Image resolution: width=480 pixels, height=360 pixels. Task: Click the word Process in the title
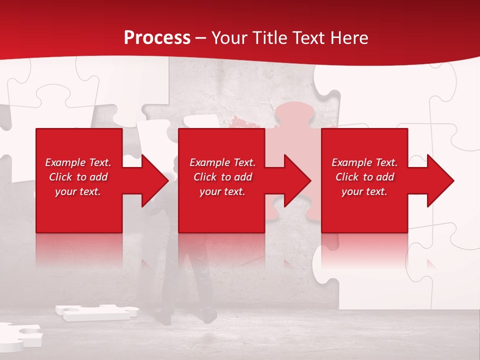click(157, 38)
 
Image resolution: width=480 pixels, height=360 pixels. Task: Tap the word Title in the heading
click(270, 38)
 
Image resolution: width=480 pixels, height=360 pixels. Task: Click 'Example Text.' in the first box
click(78, 162)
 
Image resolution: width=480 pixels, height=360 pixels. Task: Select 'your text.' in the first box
click(78, 191)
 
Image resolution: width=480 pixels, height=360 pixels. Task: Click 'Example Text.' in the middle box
click(222, 162)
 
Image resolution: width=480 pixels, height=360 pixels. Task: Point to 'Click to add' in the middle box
click(222, 177)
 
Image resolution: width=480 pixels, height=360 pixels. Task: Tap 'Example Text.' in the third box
click(364, 162)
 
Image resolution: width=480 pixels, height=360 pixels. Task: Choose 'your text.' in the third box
click(364, 191)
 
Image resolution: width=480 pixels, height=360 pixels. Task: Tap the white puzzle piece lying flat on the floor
click(95, 311)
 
